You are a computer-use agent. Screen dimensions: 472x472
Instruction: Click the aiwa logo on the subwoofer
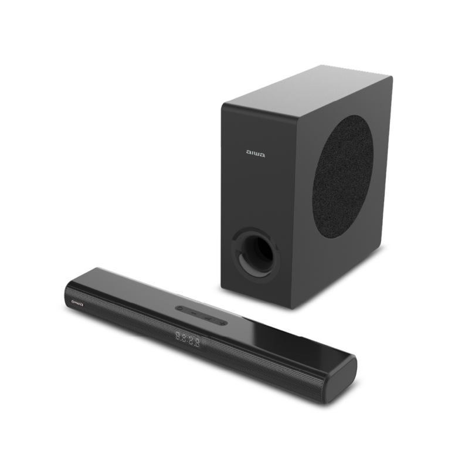point(256,155)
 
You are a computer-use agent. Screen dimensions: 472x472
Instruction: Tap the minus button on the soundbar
point(182,307)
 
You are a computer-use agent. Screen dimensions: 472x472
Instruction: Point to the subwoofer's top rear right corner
point(391,76)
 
